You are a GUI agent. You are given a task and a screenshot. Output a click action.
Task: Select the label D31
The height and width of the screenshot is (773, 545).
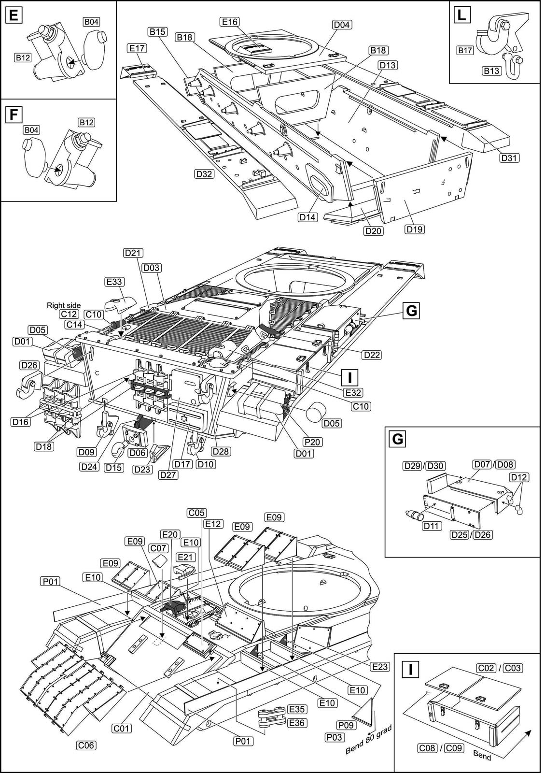pyautogui.click(x=509, y=157)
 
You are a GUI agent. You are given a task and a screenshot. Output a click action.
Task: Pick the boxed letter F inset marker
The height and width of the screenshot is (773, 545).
pyautogui.click(x=14, y=115)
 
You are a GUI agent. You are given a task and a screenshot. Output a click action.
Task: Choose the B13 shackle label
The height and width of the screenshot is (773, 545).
pyautogui.click(x=491, y=71)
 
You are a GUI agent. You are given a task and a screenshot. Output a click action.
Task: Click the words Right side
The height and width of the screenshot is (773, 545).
pyautogui.click(x=64, y=305)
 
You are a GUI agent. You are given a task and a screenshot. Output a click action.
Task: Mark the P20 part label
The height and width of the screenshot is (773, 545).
pyautogui.click(x=312, y=442)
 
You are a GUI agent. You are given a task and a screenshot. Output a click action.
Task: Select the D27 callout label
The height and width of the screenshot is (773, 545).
pyautogui.click(x=168, y=475)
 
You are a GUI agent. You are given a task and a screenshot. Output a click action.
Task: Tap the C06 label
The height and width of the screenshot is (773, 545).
pyautogui.click(x=86, y=745)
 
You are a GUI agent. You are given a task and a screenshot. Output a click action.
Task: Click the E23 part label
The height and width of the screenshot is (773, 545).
pyautogui.click(x=380, y=667)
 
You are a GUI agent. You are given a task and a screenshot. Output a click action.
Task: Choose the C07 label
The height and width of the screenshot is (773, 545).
pyautogui.click(x=158, y=548)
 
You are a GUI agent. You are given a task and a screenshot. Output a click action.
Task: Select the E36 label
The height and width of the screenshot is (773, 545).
pyautogui.click(x=296, y=723)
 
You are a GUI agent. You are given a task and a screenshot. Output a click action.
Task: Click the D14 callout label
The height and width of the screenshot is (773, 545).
pyautogui.click(x=307, y=217)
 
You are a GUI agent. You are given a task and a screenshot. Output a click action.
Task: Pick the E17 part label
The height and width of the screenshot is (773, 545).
pyautogui.click(x=137, y=48)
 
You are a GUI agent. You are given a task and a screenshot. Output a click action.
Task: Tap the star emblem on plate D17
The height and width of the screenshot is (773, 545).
pyautogui.click(x=183, y=418)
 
